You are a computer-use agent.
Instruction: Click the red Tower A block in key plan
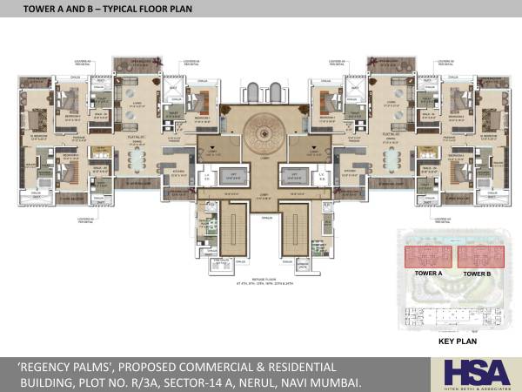click(x=426, y=257)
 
